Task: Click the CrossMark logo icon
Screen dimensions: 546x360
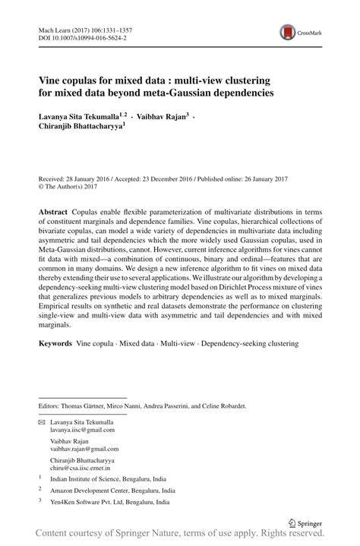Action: [289, 31]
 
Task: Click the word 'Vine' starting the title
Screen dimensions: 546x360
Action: [51, 80]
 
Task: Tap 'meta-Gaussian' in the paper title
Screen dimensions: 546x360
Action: [172, 93]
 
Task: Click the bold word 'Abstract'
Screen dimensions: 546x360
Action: [53, 209]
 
